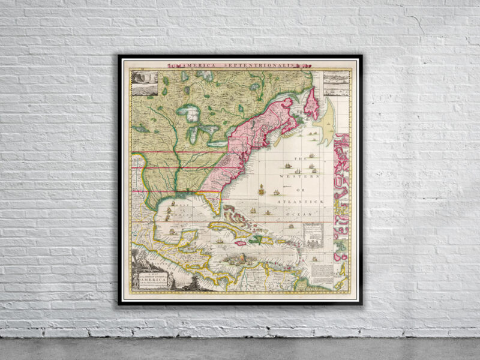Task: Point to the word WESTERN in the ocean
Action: pos(298,175)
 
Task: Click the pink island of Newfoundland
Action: pos(312,103)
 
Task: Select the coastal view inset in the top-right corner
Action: pos(337,83)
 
